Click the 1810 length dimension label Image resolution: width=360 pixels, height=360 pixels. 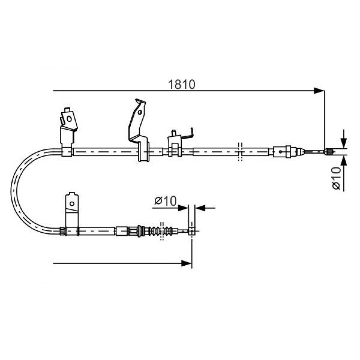[x=181, y=85]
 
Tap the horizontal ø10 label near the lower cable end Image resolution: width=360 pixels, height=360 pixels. [x=166, y=201]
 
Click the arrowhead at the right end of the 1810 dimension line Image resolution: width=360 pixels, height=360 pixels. [x=319, y=91]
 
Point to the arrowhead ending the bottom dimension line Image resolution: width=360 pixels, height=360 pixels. [x=186, y=264]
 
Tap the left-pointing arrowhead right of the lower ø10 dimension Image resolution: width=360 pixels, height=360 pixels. [x=200, y=208]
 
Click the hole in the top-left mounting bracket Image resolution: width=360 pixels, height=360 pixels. [x=69, y=119]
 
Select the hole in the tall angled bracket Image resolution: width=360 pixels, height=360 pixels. [x=140, y=112]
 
